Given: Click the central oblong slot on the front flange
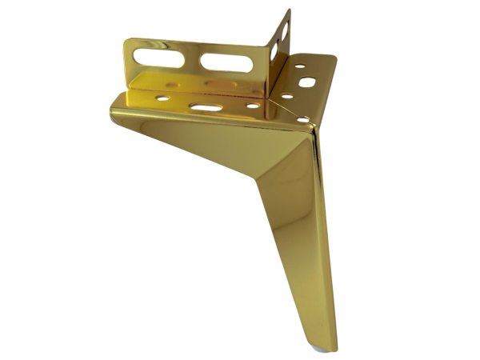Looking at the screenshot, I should pyautogui.click(x=206, y=106).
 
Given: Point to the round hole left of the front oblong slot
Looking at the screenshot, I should pyautogui.click(x=163, y=99).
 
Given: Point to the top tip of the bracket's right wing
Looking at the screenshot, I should pyautogui.click(x=288, y=11).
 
